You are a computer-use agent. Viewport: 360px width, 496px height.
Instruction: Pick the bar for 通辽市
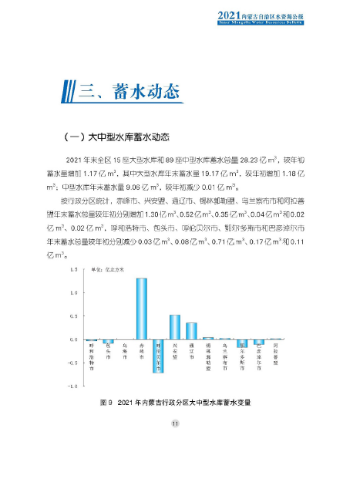point(191,331)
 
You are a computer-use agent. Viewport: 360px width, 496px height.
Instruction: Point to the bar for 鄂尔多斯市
point(242,343)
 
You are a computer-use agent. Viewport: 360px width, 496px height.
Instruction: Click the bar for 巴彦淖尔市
point(259,342)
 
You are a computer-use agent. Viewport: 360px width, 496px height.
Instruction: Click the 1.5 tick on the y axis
point(75,270)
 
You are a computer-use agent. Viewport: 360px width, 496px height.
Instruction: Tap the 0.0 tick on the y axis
point(75,339)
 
